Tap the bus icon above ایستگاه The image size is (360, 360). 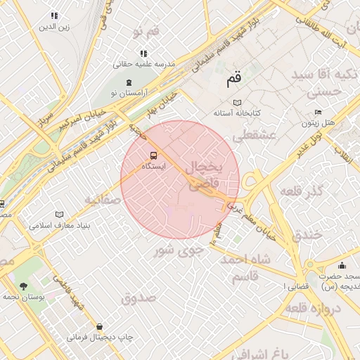[153, 155]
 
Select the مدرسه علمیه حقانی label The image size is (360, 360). [148, 64]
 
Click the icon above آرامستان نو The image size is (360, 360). [128, 82]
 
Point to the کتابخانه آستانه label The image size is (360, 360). [238, 112]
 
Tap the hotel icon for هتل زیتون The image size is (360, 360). [318, 112]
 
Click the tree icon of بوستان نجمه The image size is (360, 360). [25, 286]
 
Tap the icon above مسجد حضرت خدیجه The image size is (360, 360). [342, 265]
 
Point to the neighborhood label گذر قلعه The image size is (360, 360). [301, 191]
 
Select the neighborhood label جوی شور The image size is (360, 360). [179, 248]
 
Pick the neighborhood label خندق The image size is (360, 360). [310, 233]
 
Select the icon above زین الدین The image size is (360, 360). [54, 15]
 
